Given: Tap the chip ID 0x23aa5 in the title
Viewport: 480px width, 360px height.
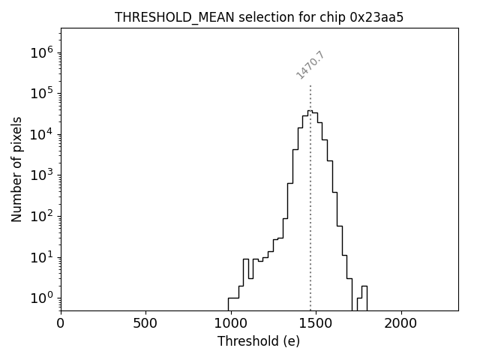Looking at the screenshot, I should point(377,17).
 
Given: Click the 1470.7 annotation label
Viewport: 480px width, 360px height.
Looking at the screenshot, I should point(310,65).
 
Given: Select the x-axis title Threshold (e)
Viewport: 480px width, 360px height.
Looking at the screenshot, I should point(259,341).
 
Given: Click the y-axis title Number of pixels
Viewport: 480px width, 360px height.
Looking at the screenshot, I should point(16,169).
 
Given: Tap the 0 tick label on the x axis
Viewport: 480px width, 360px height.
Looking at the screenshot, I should point(61,324).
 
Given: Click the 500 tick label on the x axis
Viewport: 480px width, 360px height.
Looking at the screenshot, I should point(145,324).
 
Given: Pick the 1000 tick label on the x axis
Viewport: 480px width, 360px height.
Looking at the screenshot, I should point(231,324).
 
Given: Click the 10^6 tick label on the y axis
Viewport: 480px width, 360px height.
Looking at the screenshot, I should point(40,53).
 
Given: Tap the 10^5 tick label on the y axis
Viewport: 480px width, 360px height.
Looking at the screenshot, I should point(40,94).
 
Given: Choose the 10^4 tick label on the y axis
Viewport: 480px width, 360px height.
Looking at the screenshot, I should point(40,135).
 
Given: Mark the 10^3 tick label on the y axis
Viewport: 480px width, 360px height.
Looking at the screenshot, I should point(40,175).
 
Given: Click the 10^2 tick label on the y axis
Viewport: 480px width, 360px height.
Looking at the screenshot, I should point(40,217).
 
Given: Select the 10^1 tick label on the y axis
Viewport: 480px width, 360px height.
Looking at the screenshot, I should point(40,257).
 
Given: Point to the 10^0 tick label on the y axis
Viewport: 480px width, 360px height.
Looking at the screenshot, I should point(40,298).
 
